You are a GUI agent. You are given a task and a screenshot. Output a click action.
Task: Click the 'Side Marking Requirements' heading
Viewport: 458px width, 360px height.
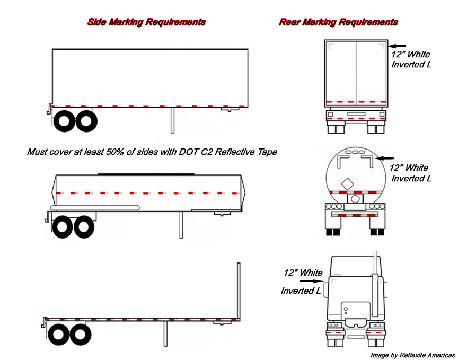pos(146,22)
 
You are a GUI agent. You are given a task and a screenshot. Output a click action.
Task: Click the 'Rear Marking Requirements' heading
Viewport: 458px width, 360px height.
pos(338,22)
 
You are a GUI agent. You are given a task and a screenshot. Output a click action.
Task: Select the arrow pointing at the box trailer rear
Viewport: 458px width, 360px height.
pos(399,46)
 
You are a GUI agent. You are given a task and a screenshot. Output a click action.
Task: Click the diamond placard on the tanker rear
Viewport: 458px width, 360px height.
pos(347,185)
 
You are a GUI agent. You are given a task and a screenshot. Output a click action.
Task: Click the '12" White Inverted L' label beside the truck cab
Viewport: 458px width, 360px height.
pos(302,282)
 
